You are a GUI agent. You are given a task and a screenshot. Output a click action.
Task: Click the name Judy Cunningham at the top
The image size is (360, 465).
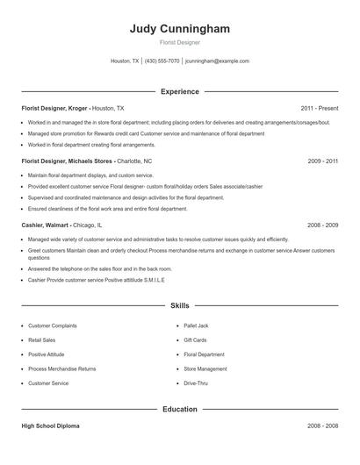coord(179,29)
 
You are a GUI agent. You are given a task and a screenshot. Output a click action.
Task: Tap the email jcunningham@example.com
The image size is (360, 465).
coord(217,61)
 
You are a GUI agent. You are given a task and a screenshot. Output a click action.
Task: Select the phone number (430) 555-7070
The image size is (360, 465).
coord(162,61)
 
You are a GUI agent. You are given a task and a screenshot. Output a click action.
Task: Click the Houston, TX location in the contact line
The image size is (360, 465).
coord(125,61)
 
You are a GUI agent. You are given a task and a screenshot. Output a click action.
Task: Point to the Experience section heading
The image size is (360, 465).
coord(180,91)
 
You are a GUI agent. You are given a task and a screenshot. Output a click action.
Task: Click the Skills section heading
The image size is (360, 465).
coord(180,306)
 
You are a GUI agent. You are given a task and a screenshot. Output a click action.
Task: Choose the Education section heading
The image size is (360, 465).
coord(180,409)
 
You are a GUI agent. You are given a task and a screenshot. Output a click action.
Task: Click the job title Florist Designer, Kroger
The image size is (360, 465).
coord(54,108)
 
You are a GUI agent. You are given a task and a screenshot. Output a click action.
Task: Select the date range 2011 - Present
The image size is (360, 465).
coord(319,108)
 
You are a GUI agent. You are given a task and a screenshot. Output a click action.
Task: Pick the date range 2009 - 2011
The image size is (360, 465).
coord(322,161)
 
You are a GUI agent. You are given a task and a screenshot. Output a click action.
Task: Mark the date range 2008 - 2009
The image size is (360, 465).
coord(322,225)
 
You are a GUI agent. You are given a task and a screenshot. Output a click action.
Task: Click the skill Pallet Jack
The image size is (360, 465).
coord(196,325)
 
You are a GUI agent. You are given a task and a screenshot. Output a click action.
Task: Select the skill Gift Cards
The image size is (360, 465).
coord(195,340)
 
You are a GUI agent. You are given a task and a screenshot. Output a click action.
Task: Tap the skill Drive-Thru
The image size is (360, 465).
coord(196,383)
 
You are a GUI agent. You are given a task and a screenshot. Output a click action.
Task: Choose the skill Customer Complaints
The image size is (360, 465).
coord(53,325)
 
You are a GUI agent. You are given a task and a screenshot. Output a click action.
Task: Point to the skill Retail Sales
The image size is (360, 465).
coord(42,340)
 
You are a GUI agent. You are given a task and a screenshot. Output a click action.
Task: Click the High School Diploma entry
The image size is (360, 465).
coord(50,426)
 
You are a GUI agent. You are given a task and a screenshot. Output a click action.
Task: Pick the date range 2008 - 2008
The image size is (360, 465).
coord(322,426)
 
